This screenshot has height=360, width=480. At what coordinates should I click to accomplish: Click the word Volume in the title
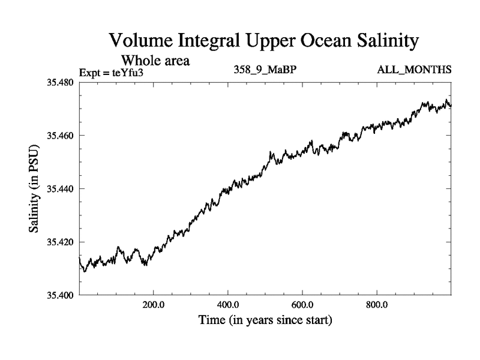(142, 41)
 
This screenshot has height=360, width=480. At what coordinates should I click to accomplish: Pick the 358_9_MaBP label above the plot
(265, 71)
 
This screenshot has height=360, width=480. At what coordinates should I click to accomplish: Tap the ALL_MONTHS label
(414, 71)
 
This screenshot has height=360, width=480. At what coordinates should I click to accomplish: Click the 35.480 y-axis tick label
(60, 82)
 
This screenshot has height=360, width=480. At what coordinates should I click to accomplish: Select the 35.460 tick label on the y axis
(60, 136)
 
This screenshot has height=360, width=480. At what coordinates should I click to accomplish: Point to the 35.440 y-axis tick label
(60, 189)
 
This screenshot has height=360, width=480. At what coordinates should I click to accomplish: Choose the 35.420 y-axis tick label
(60, 242)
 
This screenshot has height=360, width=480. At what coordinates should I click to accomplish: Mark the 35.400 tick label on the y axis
(60, 295)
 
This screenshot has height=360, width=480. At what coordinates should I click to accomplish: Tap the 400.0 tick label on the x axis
(229, 305)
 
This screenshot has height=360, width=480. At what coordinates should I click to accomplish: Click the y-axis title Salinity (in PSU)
(35, 188)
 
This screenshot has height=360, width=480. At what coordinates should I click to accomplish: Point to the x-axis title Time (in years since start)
(265, 321)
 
